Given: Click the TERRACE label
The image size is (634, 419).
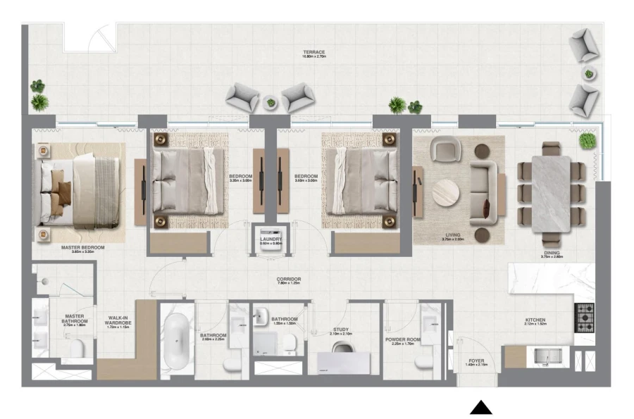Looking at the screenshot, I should [x=314, y=52].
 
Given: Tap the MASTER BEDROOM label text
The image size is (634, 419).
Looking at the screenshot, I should [x=83, y=248].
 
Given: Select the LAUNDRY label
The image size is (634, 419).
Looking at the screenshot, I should [x=271, y=239].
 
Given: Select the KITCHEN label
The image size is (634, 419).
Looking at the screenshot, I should [x=535, y=320].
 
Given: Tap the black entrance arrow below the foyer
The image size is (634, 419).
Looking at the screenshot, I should [x=482, y=407].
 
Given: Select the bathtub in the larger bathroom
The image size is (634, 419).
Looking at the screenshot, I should [x=174, y=343].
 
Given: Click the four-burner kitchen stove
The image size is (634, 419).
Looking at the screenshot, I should [x=585, y=318].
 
